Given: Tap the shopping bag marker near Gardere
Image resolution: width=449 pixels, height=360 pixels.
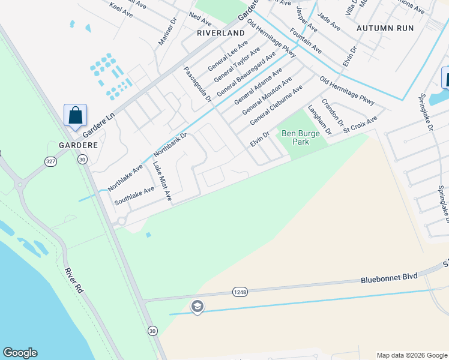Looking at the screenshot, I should click(x=76, y=115).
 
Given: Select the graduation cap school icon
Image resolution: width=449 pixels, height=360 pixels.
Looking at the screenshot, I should click(x=197, y=307).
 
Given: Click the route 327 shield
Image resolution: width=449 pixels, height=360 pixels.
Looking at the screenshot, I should click(x=50, y=161).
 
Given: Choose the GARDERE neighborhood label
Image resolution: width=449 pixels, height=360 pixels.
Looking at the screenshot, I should click(x=77, y=146).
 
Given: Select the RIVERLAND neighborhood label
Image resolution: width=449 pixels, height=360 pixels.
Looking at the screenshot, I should click(x=221, y=33).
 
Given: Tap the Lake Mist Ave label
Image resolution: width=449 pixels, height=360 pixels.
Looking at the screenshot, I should click(x=162, y=181).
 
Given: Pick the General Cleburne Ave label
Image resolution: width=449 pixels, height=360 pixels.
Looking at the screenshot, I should click(x=277, y=104).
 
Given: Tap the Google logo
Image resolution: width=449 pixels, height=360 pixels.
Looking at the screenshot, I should click(x=20, y=353).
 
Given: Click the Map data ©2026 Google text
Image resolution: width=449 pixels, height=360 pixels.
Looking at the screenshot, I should click(x=412, y=355).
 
